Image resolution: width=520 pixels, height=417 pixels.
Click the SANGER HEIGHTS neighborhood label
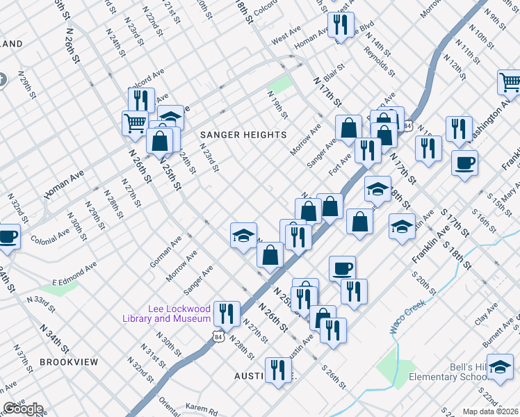243,134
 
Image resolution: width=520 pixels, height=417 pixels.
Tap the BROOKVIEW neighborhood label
69,362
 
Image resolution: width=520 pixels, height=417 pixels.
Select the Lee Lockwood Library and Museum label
180,314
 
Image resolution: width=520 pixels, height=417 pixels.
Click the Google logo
23,409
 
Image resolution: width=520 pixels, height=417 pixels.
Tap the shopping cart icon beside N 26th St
135,123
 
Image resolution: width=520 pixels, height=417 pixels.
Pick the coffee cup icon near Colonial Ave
8,236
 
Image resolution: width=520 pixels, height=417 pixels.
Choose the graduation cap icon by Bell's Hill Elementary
500,368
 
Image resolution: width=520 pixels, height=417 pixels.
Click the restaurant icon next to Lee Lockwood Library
227,313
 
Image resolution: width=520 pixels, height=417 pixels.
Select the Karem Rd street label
202,407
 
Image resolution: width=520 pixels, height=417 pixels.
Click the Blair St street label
334,72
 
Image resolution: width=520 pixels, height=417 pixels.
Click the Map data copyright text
489,411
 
